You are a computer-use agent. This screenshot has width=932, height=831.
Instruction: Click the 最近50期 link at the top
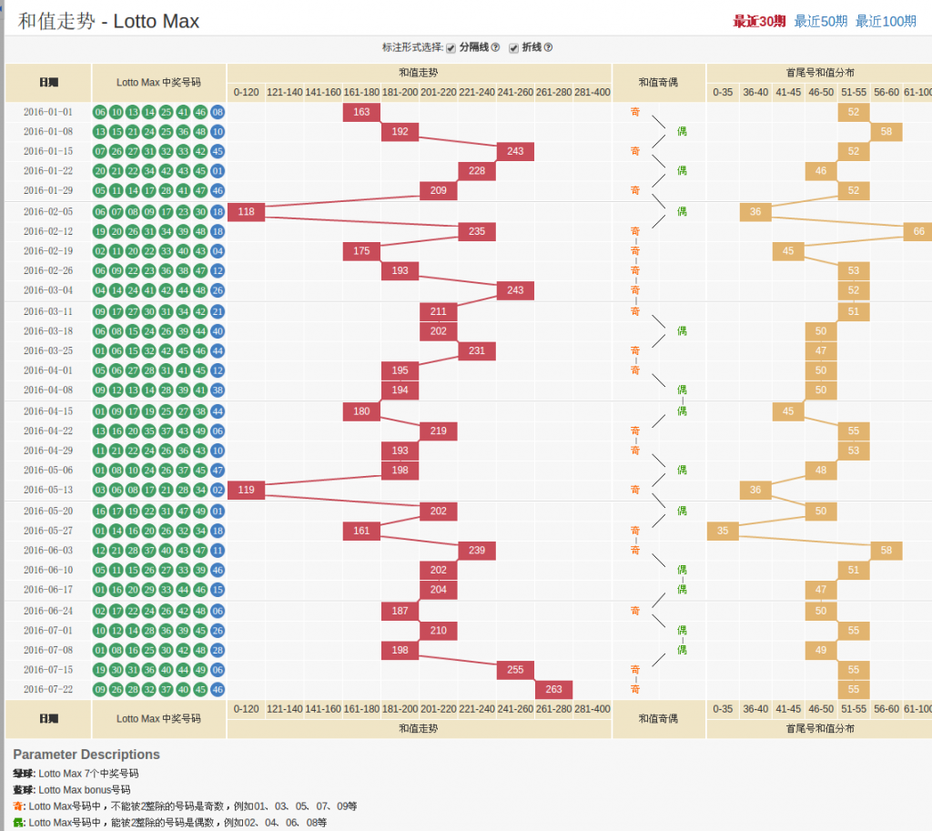820,21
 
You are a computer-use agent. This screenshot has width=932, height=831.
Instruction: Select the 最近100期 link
886,21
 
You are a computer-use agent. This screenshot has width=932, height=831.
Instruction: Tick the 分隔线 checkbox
451,48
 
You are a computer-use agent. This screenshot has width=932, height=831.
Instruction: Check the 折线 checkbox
513,48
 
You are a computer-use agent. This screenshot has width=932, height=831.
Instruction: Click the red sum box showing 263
552,690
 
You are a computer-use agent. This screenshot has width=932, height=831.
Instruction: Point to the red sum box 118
246,212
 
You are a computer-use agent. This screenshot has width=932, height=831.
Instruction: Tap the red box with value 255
515,670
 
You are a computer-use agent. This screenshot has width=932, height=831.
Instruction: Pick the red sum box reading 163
361,112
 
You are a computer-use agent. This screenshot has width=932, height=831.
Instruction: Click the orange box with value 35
723,531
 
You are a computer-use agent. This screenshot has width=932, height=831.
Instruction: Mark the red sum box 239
477,551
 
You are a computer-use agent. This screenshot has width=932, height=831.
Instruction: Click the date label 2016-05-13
48,491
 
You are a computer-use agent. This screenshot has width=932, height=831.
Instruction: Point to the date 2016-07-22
48,690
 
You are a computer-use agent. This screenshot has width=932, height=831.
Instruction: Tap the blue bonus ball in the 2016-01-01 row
218,112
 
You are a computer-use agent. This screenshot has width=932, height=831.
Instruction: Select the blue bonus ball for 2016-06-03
218,551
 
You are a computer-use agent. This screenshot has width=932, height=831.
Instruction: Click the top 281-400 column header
592,92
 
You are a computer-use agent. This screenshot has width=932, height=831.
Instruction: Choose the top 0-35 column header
723,92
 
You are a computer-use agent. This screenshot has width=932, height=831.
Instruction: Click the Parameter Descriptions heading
86,755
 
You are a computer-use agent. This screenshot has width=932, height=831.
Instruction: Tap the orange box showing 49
821,650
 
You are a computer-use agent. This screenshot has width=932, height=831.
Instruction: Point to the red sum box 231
477,351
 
